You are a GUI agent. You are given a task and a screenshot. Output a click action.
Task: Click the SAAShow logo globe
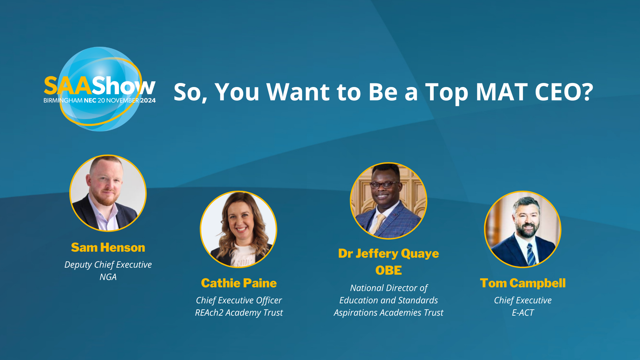(x=100, y=89)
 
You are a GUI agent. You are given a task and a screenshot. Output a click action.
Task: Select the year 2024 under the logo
(x=148, y=100)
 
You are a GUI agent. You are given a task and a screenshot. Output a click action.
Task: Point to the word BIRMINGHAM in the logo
(x=63, y=100)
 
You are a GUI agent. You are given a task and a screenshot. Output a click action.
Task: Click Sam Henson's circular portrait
(x=108, y=193)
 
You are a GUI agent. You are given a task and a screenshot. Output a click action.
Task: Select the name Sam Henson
(x=108, y=247)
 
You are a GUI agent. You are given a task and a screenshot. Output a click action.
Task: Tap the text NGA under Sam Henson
(x=108, y=277)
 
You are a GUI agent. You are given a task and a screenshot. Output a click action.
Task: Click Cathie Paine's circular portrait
(x=238, y=229)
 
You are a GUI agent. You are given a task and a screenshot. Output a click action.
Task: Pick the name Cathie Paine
(x=239, y=283)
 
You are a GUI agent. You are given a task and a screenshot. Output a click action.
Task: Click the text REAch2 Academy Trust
(x=239, y=313)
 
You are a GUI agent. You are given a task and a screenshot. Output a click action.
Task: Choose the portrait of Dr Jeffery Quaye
(x=388, y=201)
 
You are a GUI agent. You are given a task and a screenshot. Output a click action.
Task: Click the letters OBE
(x=389, y=270)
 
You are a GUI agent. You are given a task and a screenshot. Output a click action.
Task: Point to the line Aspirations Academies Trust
(x=389, y=313)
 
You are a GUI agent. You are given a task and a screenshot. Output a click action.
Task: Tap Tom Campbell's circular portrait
(x=523, y=229)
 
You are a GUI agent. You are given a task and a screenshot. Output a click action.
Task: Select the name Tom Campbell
(x=523, y=283)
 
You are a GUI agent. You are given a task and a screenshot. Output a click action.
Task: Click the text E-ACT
(x=523, y=313)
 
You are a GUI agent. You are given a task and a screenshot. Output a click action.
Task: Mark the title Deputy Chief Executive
(x=108, y=265)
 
